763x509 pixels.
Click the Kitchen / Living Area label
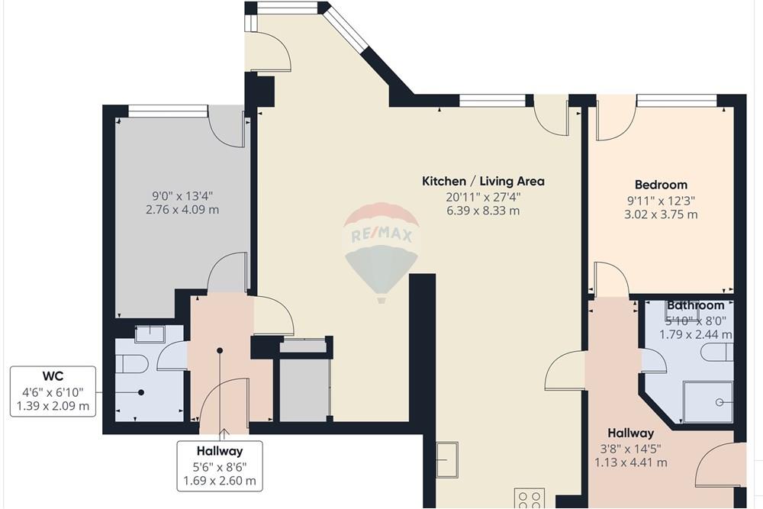tap(483, 182)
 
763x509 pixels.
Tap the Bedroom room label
tap(661, 185)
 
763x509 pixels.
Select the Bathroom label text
tap(695, 305)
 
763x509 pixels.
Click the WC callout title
tap(53, 376)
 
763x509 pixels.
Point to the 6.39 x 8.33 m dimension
tap(483, 211)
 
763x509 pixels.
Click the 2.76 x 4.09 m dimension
tap(182, 210)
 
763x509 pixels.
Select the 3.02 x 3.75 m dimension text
tap(661, 214)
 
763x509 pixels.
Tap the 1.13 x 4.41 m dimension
tap(631, 462)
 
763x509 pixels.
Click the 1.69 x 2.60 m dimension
tap(220, 482)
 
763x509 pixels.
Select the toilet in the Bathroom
tap(717, 352)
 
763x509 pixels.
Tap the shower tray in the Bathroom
tap(708, 402)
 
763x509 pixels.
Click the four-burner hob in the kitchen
tap(530, 498)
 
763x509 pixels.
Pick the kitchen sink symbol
tap(446, 459)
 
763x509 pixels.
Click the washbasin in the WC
tap(150, 334)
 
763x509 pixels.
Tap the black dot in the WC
tap(141, 392)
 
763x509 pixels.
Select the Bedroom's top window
tap(676, 101)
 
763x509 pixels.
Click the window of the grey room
tap(167, 111)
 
